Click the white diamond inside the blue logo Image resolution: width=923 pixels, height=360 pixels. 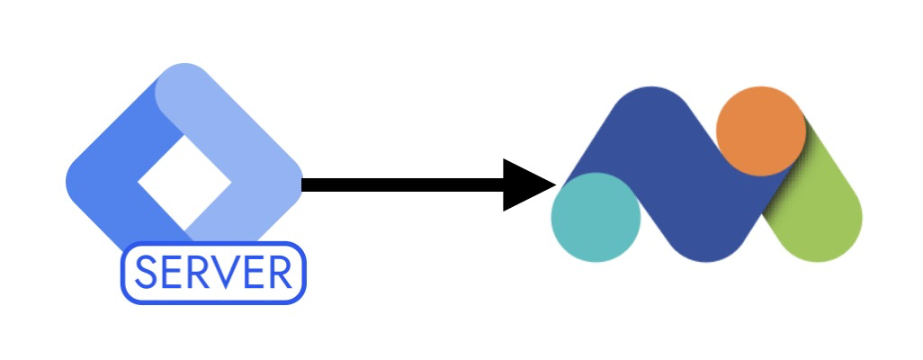click(x=184, y=183)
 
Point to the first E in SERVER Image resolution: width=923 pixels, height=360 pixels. click(x=174, y=273)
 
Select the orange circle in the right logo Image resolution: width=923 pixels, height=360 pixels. click(x=761, y=131)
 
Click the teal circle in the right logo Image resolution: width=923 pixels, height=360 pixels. click(x=596, y=217)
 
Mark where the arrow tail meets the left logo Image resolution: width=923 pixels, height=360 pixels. click(x=304, y=185)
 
